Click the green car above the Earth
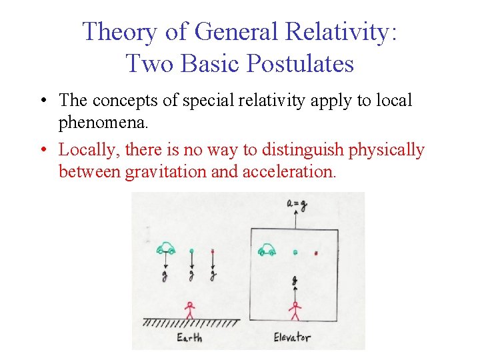tap(165, 249)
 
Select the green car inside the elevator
tap(267, 250)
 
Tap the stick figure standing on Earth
tap(190, 309)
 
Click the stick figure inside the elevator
tap(294, 311)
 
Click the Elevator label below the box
tap(291, 337)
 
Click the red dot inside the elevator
tap(316, 253)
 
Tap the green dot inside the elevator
tap(295, 253)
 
